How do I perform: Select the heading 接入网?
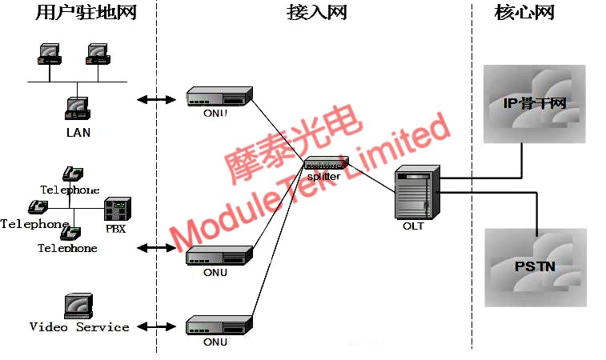[x=317, y=13]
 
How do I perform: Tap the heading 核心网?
[x=525, y=13]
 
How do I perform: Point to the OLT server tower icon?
[x=417, y=193]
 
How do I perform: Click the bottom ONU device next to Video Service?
[x=219, y=326]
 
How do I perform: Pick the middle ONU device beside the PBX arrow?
[x=219, y=256]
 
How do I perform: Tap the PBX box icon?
[x=117, y=209]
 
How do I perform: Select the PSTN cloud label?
[x=534, y=266]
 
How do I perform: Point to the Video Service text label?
[x=79, y=327]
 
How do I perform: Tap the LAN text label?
[x=78, y=132]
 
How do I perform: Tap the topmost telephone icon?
[x=73, y=174]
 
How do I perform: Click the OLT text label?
[x=413, y=226]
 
